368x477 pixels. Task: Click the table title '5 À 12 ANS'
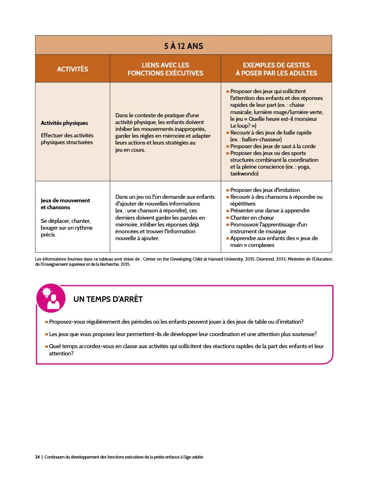coord(184,46)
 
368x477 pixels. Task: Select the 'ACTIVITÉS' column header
coord(73,69)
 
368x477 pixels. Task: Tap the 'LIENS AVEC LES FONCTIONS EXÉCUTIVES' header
coord(165,69)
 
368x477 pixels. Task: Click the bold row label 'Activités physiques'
coord(64,123)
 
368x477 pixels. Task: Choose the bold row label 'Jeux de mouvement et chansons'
coord(65,204)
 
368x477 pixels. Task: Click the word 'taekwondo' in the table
coord(245,174)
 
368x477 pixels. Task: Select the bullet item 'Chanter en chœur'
coord(252,218)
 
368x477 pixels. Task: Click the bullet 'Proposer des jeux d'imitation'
coord(265,190)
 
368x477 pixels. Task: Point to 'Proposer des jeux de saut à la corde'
coord(273,146)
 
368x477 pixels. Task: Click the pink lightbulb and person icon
coord(51,298)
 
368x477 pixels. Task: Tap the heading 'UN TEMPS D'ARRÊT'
coord(108,300)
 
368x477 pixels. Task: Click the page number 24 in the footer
coord(37,457)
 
